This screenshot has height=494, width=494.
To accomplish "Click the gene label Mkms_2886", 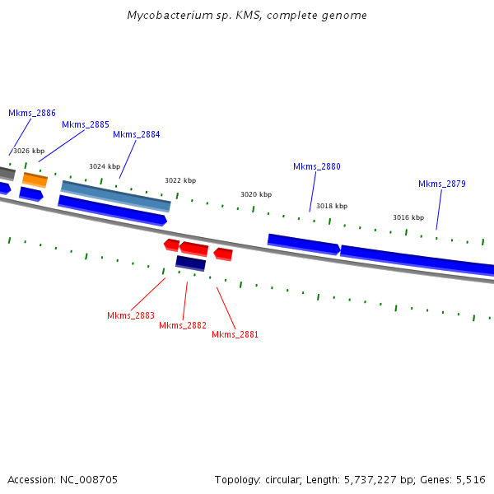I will click(32, 113).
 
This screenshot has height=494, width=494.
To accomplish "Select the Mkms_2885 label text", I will click(86, 124).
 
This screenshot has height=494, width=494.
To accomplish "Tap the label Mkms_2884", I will click(137, 134).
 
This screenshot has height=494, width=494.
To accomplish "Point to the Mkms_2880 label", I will click(317, 166).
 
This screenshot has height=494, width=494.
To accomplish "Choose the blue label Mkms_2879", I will click(442, 184).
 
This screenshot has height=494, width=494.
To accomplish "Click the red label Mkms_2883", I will click(131, 315).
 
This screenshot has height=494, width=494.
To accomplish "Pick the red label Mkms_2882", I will click(183, 325).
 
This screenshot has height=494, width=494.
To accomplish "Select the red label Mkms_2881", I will click(235, 334).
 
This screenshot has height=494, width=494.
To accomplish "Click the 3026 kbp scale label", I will click(29, 151).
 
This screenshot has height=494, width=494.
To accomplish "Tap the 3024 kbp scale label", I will click(105, 165).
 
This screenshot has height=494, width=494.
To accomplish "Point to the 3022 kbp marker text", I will click(180, 180).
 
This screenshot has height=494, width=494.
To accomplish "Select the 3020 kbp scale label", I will click(256, 194).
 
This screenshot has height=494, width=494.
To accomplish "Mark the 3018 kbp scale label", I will click(332, 206).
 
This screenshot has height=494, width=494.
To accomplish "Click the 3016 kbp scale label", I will click(408, 217).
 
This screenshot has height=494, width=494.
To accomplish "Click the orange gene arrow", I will click(35, 179).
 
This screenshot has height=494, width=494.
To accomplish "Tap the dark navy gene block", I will click(190, 263).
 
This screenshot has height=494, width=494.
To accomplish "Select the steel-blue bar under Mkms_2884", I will click(116, 195).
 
